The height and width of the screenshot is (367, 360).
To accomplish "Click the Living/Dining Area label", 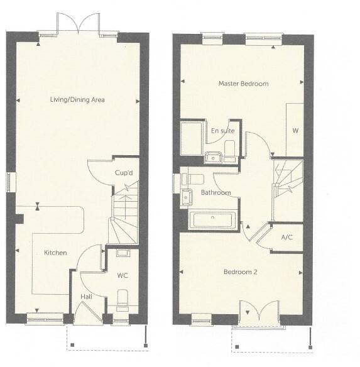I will pyautogui.click(x=78, y=100).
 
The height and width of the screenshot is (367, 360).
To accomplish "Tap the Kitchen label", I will pyautogui.click(x=55, y=253).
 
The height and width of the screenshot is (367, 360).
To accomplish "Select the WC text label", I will pyautogui.click(x=123, y=275).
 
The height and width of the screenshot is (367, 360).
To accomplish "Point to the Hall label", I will pyautogui.click(x=86, y=297).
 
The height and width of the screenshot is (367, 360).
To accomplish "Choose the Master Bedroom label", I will pyautogui.click(x=243, y=84).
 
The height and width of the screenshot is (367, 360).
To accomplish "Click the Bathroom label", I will pyautogui.click(x=215, y=192).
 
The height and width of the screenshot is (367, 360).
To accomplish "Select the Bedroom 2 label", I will pyautogui.click(x=241, y=272).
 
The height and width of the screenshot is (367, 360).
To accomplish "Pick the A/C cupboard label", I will pyautogui.click(x=287, y=238).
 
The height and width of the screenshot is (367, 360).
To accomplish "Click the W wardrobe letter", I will pyautogui.click(x=295, y=131).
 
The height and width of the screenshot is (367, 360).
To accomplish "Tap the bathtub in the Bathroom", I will pyautogui.click(x=212, y=220).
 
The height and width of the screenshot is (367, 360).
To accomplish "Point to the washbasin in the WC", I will pyautogui.click(x=123, y=253).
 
